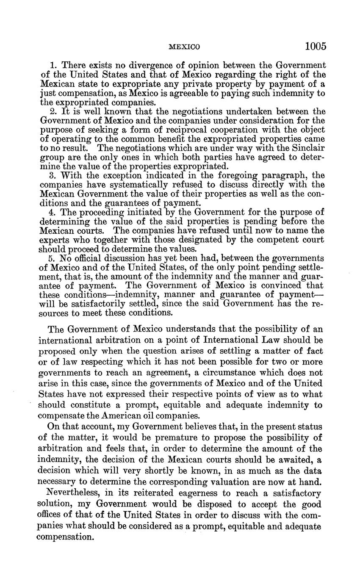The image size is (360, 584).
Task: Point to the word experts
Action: (55, 240)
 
